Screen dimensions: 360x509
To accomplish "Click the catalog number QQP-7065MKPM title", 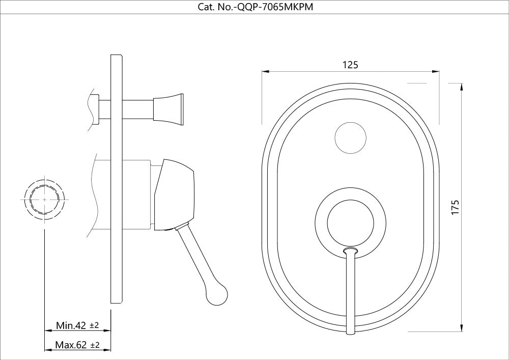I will (254, 7).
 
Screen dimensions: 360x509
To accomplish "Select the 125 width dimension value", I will (350, 65).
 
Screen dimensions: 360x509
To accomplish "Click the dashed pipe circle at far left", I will (45, 200).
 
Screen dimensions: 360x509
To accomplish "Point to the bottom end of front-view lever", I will (350, 331).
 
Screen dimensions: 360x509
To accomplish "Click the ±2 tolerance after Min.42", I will (94, 325).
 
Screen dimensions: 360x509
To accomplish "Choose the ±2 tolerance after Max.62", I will (95, 345).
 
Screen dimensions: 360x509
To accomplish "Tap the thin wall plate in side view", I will (117, 178).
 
